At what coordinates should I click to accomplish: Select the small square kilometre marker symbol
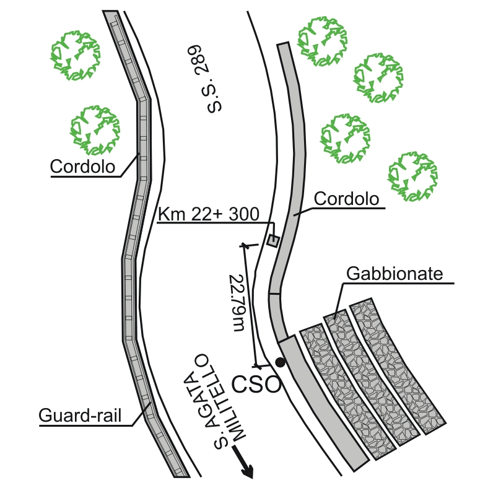(272, 240)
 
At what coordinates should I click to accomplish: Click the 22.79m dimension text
(237, 303)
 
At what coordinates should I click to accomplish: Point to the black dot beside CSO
(280, 362)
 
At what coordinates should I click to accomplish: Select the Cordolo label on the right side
(346, 199)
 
